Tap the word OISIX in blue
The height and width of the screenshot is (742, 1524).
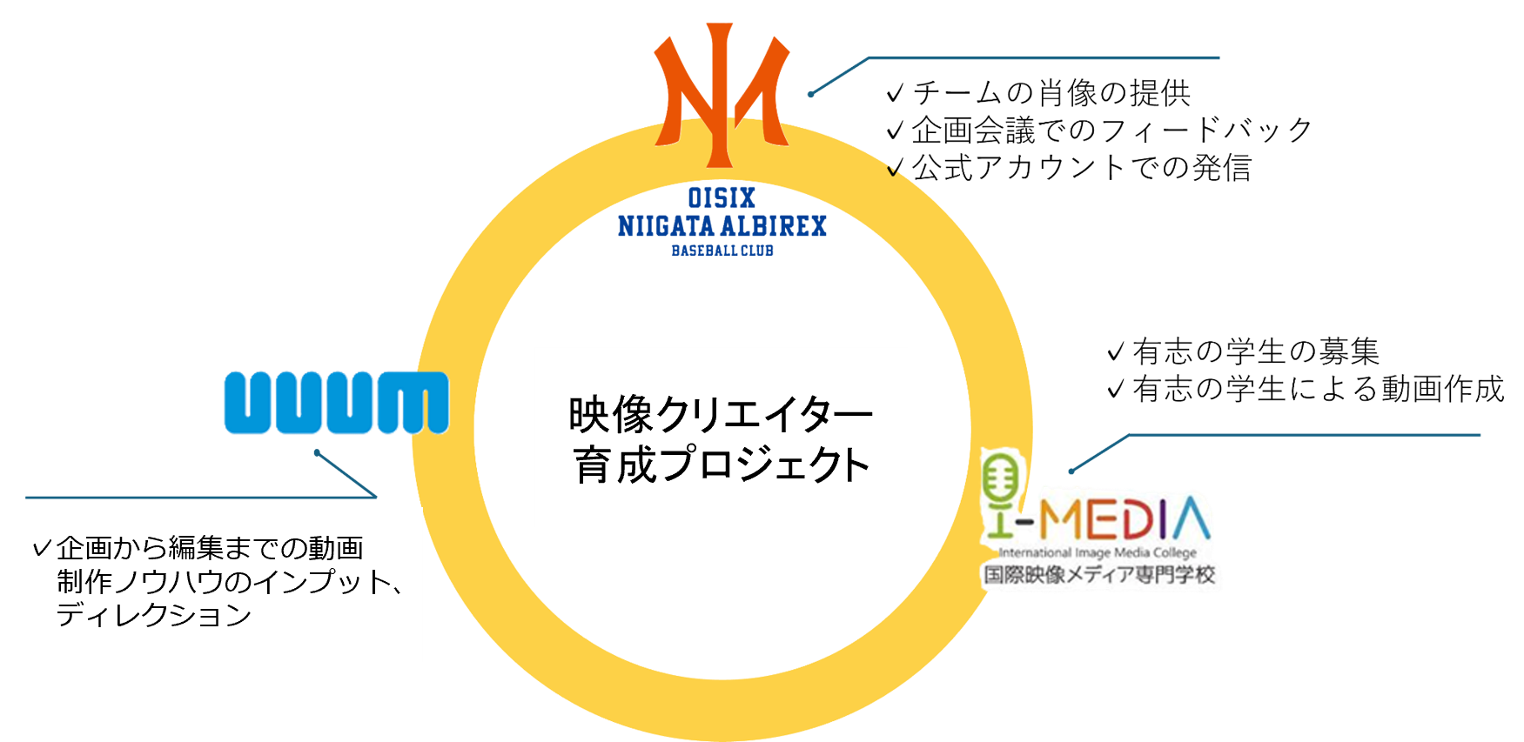[722, 197]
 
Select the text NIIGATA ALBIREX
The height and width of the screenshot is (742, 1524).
[722, 227]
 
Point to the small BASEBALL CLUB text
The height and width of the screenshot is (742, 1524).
[722, 251]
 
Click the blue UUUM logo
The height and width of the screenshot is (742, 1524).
[336, 402]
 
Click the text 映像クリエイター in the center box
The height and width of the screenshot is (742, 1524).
[720, 415]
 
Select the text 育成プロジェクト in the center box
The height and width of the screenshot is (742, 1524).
[721, 465]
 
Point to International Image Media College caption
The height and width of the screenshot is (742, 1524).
[1098, 552]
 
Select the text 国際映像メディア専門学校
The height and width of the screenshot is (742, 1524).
[1098, 574]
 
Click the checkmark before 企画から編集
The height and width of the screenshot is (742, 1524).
[41, 548]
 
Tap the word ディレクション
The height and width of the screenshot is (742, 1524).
[154, 615]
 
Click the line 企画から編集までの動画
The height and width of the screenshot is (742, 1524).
[210, 548]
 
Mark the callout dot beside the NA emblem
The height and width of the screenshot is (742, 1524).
[810, 94]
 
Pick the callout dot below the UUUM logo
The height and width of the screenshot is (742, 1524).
[316, 452]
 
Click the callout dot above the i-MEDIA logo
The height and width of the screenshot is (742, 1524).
[1071, 471]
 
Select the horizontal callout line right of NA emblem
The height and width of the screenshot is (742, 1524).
[1044, 58]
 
